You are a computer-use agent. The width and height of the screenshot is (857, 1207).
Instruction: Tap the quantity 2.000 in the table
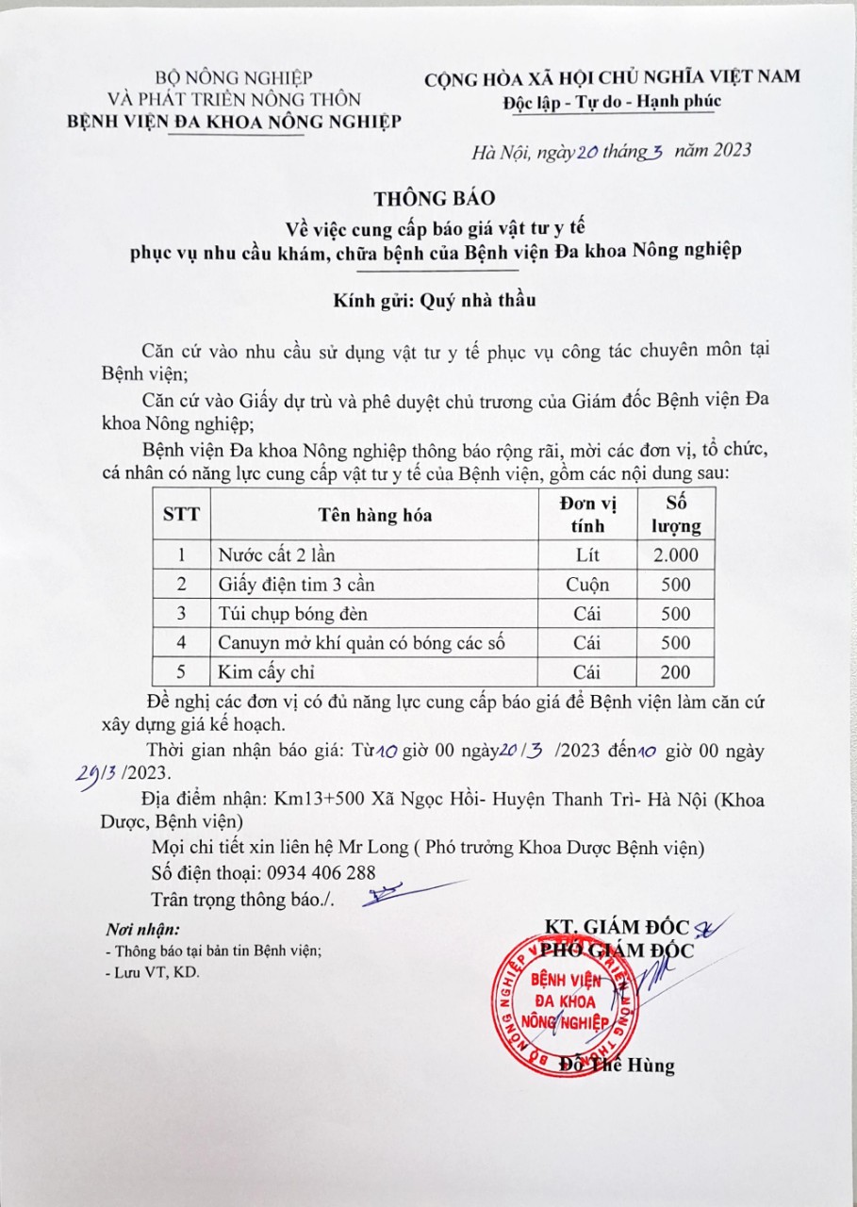(676, 554)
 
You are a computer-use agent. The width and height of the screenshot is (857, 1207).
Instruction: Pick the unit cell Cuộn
(587, 585)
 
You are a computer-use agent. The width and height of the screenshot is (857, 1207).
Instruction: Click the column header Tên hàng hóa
(374, 515)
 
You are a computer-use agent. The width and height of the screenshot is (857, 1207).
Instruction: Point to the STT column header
(181, 515)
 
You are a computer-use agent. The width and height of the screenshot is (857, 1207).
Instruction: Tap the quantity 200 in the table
(676, 672)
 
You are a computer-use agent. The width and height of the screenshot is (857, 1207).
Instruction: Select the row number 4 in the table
(181, 643)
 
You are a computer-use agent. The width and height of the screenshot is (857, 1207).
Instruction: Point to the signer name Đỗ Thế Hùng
(618, 1066)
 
